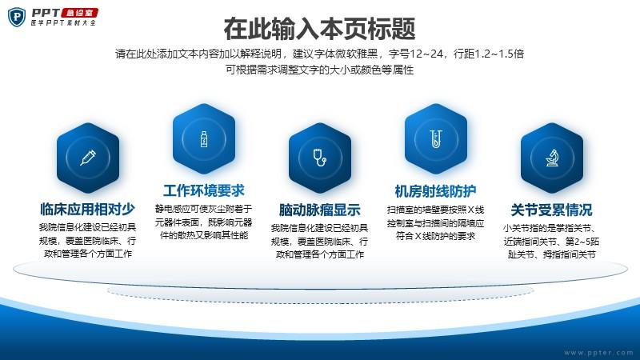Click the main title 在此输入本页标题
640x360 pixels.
[319, 29]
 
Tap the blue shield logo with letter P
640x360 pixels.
[17, 17]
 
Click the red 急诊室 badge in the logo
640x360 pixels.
[79, 13]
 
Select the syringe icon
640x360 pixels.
[88, 158]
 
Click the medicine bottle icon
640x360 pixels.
[204, 138]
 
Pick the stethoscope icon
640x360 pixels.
[319, 158]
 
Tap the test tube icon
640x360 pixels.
[436, 138]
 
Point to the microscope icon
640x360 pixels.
[552, 158]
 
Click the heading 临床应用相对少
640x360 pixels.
[87, 209]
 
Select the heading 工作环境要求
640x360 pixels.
[204, 190]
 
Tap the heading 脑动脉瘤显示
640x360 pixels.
[319, 210]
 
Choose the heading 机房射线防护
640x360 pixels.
[435, 191]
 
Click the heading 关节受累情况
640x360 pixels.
[551, 210]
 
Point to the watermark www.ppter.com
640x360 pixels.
[598, 352]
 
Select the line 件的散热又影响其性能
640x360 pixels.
[204, 235]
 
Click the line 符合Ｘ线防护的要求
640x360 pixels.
[435, 236]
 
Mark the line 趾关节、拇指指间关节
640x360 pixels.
[551, 254]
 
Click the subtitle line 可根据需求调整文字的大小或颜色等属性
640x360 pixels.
[319, 70]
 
